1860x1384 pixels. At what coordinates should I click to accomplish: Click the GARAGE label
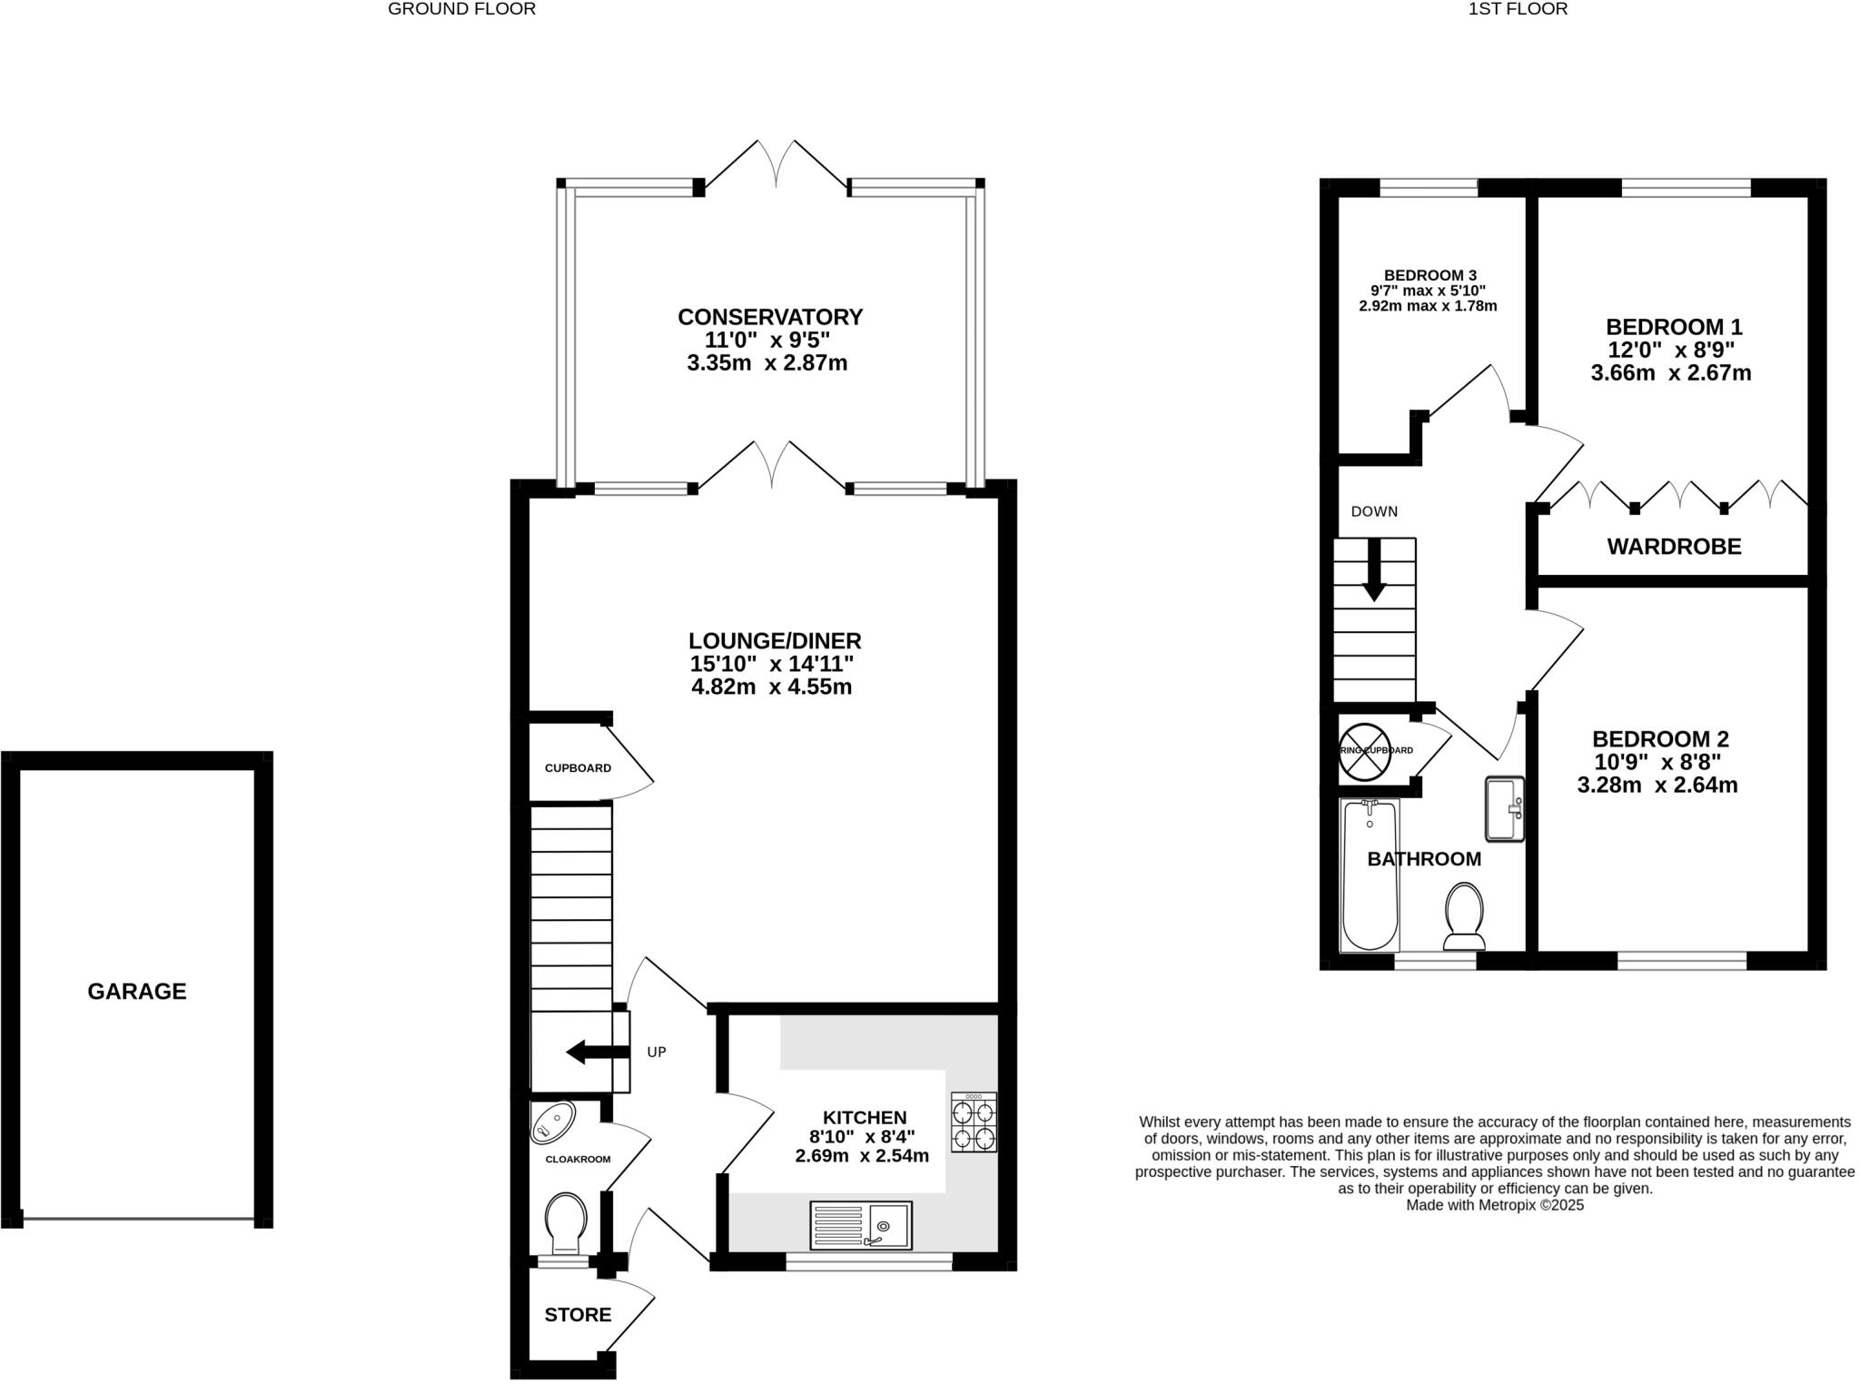pos(136,991)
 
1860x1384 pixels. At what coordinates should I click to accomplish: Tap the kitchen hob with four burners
pos(974,1122)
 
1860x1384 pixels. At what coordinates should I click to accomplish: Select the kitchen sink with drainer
pos(860,1226)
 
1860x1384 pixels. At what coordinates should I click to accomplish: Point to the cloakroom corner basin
pos(552,1122)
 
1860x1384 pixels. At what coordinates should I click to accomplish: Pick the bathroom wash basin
pos(1505,808)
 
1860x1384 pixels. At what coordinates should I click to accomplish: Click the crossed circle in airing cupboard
pos(1365,751)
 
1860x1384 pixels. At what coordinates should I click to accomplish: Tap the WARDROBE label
pos(1674,547)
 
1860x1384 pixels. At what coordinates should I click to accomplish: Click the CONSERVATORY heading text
pos(770,317)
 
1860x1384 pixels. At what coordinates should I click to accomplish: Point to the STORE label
pos(578,1315)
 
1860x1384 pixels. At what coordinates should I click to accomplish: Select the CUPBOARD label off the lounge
pos(578,768)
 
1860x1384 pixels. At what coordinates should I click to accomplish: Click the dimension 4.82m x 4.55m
pos(771,687)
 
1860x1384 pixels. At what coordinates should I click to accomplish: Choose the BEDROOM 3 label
pos(1430,275)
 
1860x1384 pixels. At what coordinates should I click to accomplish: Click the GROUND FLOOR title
pos(461,9)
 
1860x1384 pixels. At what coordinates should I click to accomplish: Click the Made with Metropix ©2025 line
pos(1495,1205)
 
